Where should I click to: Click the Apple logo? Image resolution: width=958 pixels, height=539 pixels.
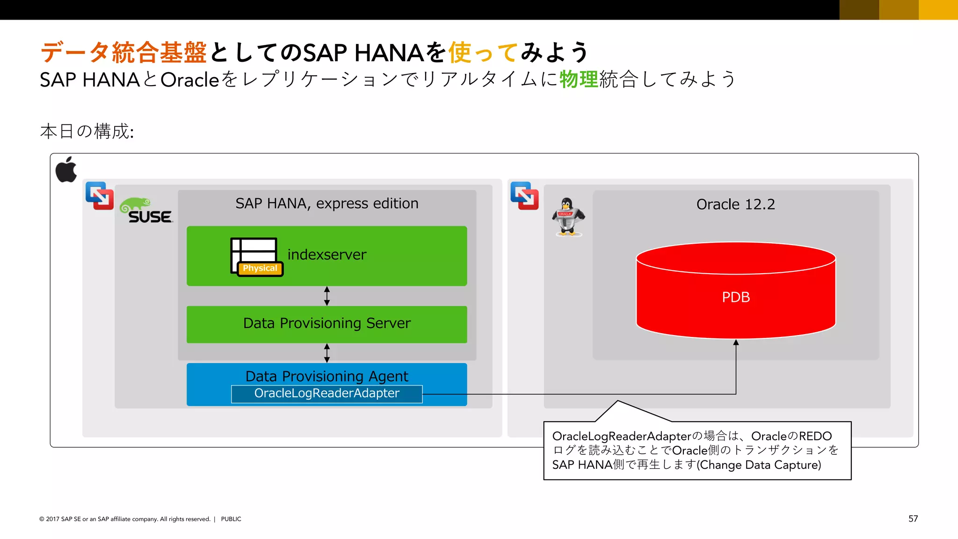click(66, 170)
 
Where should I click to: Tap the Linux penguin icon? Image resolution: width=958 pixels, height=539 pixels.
click(567, 217)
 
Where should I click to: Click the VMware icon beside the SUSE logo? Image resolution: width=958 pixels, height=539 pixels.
click(100, 196)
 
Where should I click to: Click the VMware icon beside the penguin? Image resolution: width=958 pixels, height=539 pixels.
click(524, 196)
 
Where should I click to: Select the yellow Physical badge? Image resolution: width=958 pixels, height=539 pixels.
click(260, 269)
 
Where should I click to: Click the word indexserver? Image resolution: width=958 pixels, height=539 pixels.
click(327, 255)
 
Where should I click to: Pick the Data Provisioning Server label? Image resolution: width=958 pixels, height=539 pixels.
click(327, 323)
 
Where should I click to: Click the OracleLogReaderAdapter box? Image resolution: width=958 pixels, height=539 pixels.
click(327, 393)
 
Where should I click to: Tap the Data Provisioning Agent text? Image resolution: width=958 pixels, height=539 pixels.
click(327, 376)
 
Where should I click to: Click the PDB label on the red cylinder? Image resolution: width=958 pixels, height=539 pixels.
click(736, 297)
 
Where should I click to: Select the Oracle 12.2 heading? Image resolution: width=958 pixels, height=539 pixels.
click(735, 204)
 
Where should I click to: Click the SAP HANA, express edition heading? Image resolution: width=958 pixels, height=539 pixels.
click(327, 204)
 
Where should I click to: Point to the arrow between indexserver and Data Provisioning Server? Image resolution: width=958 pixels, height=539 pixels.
click(327, 296)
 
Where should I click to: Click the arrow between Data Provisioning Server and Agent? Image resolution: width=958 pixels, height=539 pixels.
click(327, 353)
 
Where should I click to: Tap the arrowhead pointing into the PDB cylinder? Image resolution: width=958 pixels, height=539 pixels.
click(736, 343)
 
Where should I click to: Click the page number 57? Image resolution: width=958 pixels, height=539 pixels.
click(913, 518)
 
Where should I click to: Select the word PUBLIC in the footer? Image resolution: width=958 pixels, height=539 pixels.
click(231, 519)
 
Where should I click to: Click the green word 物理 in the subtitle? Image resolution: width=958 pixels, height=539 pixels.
click(579, 79)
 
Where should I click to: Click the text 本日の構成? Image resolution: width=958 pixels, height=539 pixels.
click(87, 131)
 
